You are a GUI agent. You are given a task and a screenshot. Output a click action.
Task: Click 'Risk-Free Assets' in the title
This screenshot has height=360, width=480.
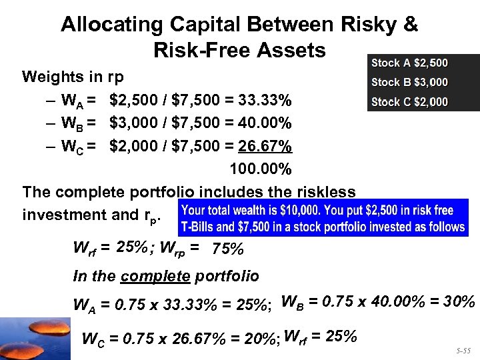(239, 50)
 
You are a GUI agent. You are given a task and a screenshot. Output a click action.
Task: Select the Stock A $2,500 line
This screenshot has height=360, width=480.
(409, 63)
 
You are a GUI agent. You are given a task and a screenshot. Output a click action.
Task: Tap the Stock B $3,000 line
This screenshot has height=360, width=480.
(409, 83)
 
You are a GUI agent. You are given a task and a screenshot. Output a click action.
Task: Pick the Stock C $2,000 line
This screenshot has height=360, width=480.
(409, 102)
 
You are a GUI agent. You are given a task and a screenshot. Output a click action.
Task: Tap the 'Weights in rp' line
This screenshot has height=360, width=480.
(73, 77)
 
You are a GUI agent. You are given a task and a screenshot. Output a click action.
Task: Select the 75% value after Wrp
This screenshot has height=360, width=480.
(227, 250)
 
